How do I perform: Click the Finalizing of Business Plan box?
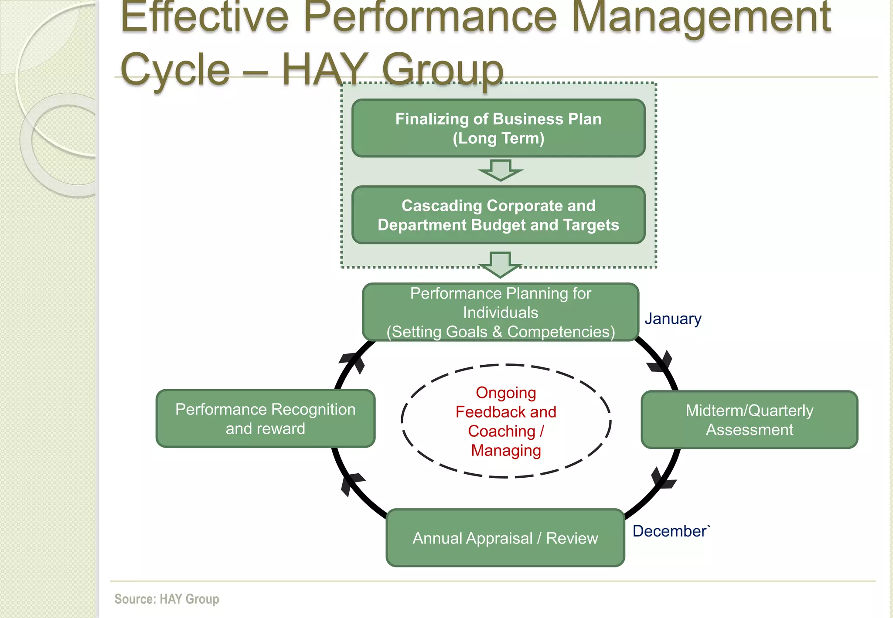(498, 128)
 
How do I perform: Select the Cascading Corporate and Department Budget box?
(498, 215)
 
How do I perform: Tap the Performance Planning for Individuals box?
(501, 312)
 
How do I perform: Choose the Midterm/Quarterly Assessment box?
(749, 420)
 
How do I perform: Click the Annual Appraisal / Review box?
(505, 538)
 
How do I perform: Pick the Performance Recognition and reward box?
(265, 419)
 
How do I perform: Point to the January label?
(673, 319)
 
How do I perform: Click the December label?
(671, 531)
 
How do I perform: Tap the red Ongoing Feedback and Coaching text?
(506, 421)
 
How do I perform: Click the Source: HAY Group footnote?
(167, 599)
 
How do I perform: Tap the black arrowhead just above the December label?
(663, 479)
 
